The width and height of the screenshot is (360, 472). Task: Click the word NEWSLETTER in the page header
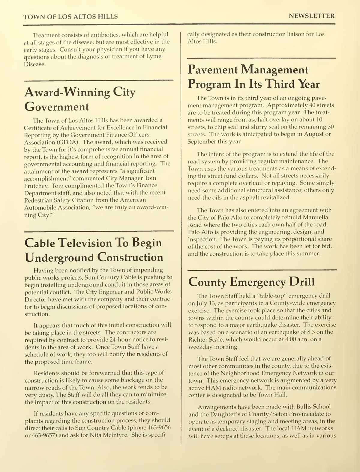(x=311, y=16)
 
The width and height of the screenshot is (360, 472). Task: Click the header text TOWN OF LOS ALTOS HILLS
(x=70, y=16)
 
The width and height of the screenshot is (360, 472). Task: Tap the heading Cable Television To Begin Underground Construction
(x=94, y=250)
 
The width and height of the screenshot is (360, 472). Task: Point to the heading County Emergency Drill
(x=251, y=282)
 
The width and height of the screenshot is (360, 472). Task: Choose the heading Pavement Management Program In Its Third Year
(x=253, y=77)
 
